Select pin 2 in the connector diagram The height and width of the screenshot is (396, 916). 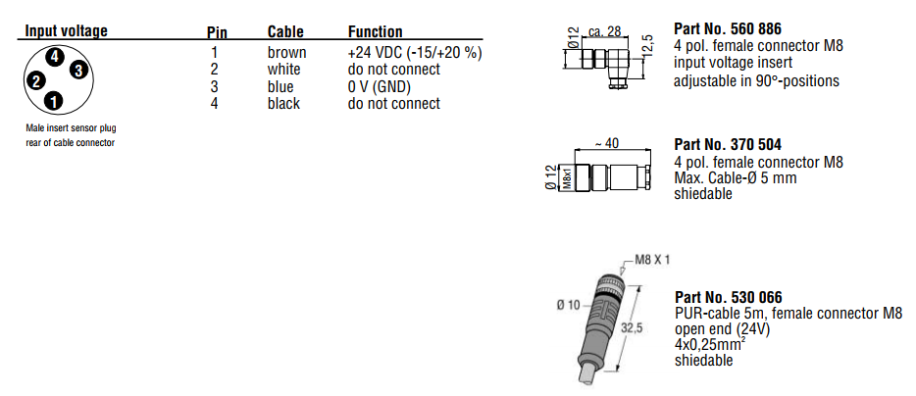[35, 81]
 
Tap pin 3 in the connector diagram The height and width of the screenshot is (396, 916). [78, 69]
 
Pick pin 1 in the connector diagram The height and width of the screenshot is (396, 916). [53, 100]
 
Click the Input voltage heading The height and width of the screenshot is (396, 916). [66, 31]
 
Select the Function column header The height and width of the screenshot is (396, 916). [375, 32]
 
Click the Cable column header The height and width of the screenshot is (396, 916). [286, 32]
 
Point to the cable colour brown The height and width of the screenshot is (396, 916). [286, 53]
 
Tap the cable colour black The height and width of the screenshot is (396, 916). [284, 103]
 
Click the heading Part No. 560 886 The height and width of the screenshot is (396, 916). [728, 28]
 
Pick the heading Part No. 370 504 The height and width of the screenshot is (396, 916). [728, 145]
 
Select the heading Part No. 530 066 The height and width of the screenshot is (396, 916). [728, 297]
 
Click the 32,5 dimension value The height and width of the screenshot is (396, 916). [632, 330]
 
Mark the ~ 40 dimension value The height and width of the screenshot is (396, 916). [607, 143]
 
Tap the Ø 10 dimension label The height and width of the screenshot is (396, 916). [572, 305]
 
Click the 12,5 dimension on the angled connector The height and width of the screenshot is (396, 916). [646, 44]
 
